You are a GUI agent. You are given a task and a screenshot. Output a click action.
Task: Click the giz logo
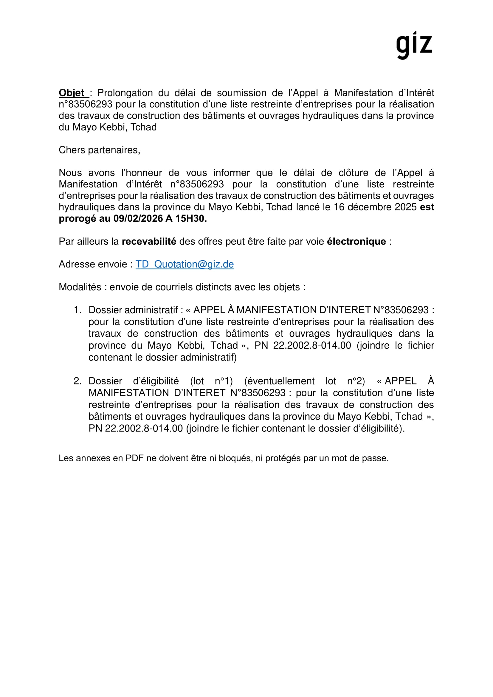click(x=414, y=45)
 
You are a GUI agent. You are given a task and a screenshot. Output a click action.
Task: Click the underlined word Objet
click(x=71, y=93)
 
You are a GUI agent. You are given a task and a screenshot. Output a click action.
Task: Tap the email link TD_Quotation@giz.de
click(x=185, y=264)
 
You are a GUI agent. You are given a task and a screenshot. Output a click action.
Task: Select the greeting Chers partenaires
click(x=99, y=150)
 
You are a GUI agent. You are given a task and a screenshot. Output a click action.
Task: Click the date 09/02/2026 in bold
click(x=138, y=218)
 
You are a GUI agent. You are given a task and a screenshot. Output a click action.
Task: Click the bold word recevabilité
click(x=149, y=241)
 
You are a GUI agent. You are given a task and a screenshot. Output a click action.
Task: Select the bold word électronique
click(x=356, y=241)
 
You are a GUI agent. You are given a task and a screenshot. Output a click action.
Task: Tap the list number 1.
click(x=77, y=310)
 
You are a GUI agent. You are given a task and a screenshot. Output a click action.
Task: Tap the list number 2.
click(x=77, y=381)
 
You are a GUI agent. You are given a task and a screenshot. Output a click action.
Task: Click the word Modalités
click(x=80, y=287)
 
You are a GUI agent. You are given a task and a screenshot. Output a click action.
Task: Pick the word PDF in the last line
click(x=134, y=458)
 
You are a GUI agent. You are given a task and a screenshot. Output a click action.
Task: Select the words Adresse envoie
click(x=93, y=264)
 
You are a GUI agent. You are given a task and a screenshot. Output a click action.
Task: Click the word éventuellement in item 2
click(x=279, y=381)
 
